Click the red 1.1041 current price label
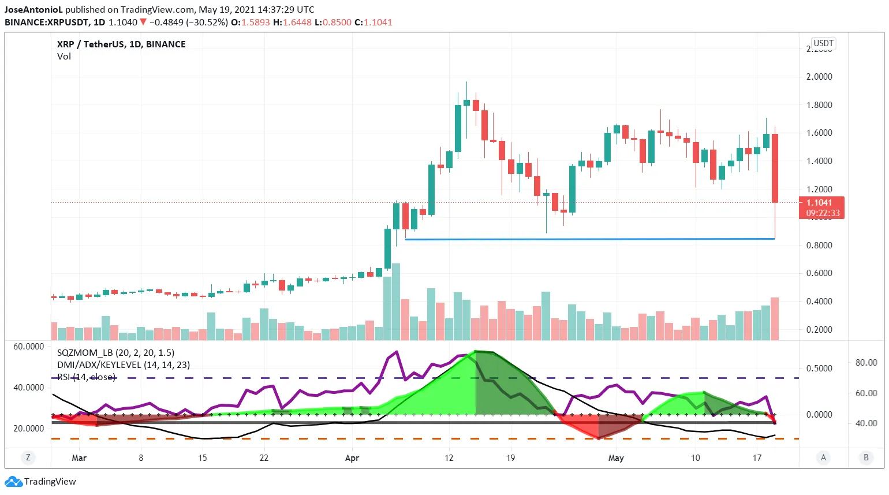[821, 203]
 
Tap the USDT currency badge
[823, 43]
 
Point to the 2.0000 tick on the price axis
[819, 77]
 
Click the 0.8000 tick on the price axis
[819, 245]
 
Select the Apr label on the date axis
[352, 458]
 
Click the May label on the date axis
[616, 458]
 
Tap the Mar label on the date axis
[79, 458]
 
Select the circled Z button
[28, 457]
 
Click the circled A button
[823, 457]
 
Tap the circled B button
[865, 457]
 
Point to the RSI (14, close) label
[87, 377]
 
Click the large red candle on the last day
[775, 168]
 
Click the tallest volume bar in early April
[396, 300]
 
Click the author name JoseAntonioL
[33, 10]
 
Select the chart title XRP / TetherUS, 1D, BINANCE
[121, 44]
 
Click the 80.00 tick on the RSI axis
[866, 363]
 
